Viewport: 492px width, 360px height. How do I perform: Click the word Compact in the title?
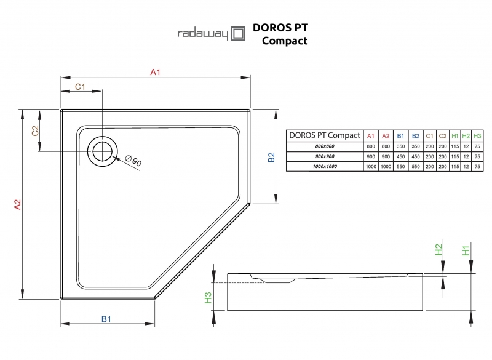[285, 41]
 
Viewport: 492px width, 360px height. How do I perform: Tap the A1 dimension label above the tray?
[156, 73]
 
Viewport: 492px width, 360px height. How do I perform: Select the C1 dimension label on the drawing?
[80, 87]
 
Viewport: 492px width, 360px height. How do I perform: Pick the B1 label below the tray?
[106, 319]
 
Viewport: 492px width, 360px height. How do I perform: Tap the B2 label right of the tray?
[271, 158]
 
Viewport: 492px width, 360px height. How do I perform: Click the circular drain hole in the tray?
[101, 150]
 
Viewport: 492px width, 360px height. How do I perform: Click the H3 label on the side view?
[208, 298]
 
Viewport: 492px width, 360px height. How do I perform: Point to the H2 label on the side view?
[439, 250]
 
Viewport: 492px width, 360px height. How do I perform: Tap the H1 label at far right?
[467, 250]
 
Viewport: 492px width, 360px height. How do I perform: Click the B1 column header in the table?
[400, 136]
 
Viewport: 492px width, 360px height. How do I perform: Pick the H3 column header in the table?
[477, 136]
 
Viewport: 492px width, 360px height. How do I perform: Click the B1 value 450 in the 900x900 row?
[400, 157]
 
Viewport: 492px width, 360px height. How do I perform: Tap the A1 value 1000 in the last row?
[370, 167]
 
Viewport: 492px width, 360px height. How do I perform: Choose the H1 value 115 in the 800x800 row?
[454, 146]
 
